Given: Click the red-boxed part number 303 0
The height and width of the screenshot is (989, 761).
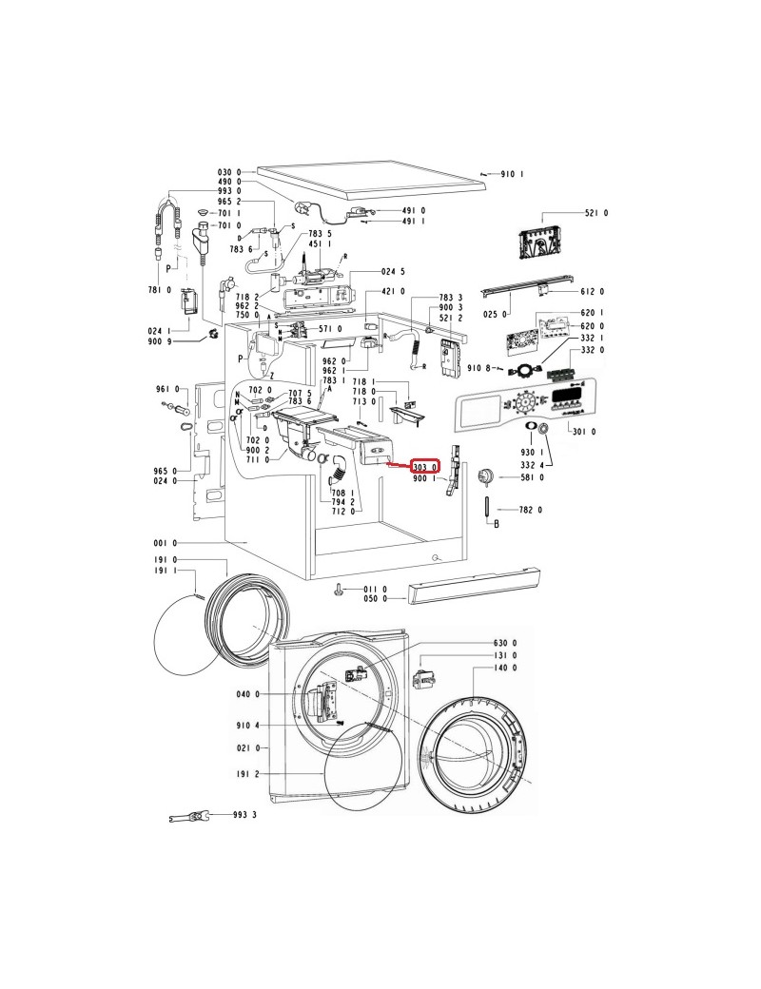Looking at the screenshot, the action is coord(424,467).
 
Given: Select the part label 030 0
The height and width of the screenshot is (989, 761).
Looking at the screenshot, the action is coord(229,171).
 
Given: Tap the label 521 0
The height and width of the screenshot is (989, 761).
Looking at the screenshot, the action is coord(596,213).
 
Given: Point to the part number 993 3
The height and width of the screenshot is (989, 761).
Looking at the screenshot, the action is coord(244,815).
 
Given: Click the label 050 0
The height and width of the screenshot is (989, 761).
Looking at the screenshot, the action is coord(376,598).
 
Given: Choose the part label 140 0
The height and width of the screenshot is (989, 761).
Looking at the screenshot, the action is coord(505,668).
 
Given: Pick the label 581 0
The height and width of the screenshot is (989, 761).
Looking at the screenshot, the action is coord(532,477).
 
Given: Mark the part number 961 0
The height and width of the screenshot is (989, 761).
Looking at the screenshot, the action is coord(167,389).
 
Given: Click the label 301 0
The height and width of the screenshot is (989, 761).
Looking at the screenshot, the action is coord(584,432).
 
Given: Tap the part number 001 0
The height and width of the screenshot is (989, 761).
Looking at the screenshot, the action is coord(166,543).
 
